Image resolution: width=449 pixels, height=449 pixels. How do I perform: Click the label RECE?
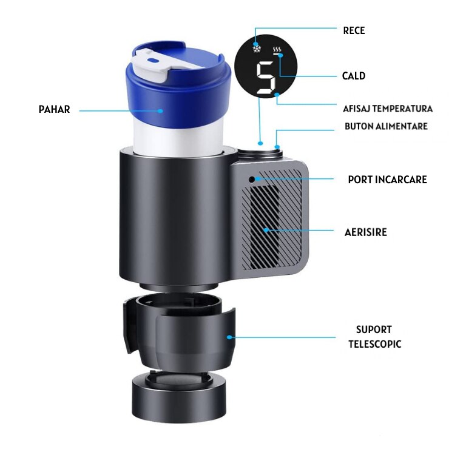tap(354, 30)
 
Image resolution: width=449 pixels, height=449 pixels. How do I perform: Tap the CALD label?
tap(354, 76)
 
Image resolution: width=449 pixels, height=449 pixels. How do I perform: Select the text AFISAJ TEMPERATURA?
tap(388, 109)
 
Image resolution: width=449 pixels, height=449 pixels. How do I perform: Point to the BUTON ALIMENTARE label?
tap(386, 126)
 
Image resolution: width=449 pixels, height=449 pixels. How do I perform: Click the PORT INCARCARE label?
tap(388, 180)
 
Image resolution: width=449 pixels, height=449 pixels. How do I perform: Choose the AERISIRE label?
tap(366, 232)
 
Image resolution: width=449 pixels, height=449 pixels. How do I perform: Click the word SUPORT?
tap(374, 329)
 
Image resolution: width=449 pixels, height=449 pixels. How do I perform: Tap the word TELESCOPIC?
tap(375, 344)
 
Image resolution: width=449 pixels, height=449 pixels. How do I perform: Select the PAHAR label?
tap(55, 109)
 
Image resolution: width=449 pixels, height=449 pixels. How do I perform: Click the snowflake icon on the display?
tap(257, 48)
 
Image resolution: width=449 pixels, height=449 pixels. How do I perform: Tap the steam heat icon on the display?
tap(276, 49)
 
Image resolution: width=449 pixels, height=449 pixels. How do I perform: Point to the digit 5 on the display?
tap(266, 78)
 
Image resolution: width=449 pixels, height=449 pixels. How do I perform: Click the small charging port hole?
tap(252, 180)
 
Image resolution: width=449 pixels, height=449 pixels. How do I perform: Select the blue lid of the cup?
tap(178, 86)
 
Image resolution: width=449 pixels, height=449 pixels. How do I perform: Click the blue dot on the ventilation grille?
tap(266, 230)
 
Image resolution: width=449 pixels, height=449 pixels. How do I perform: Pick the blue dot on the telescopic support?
tap(229, 337)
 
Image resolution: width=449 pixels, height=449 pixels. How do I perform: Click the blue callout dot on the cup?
tap(161, 111)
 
